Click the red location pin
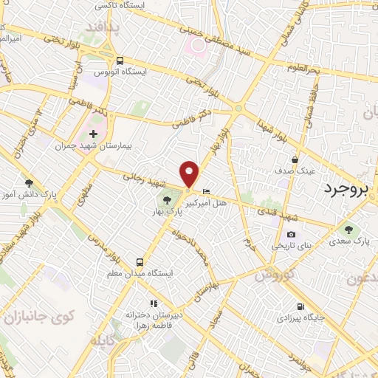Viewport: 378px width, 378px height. pos(190,173)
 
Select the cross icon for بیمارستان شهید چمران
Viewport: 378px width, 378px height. pos(93,134)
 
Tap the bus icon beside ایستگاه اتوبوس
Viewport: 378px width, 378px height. pos(120,61)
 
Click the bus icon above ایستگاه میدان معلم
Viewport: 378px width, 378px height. pos(140,262)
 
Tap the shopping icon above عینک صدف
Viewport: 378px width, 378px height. pos(295,159)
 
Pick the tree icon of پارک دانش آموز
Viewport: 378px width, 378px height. pos(29,183)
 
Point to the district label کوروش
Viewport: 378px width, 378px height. pos(274,275)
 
